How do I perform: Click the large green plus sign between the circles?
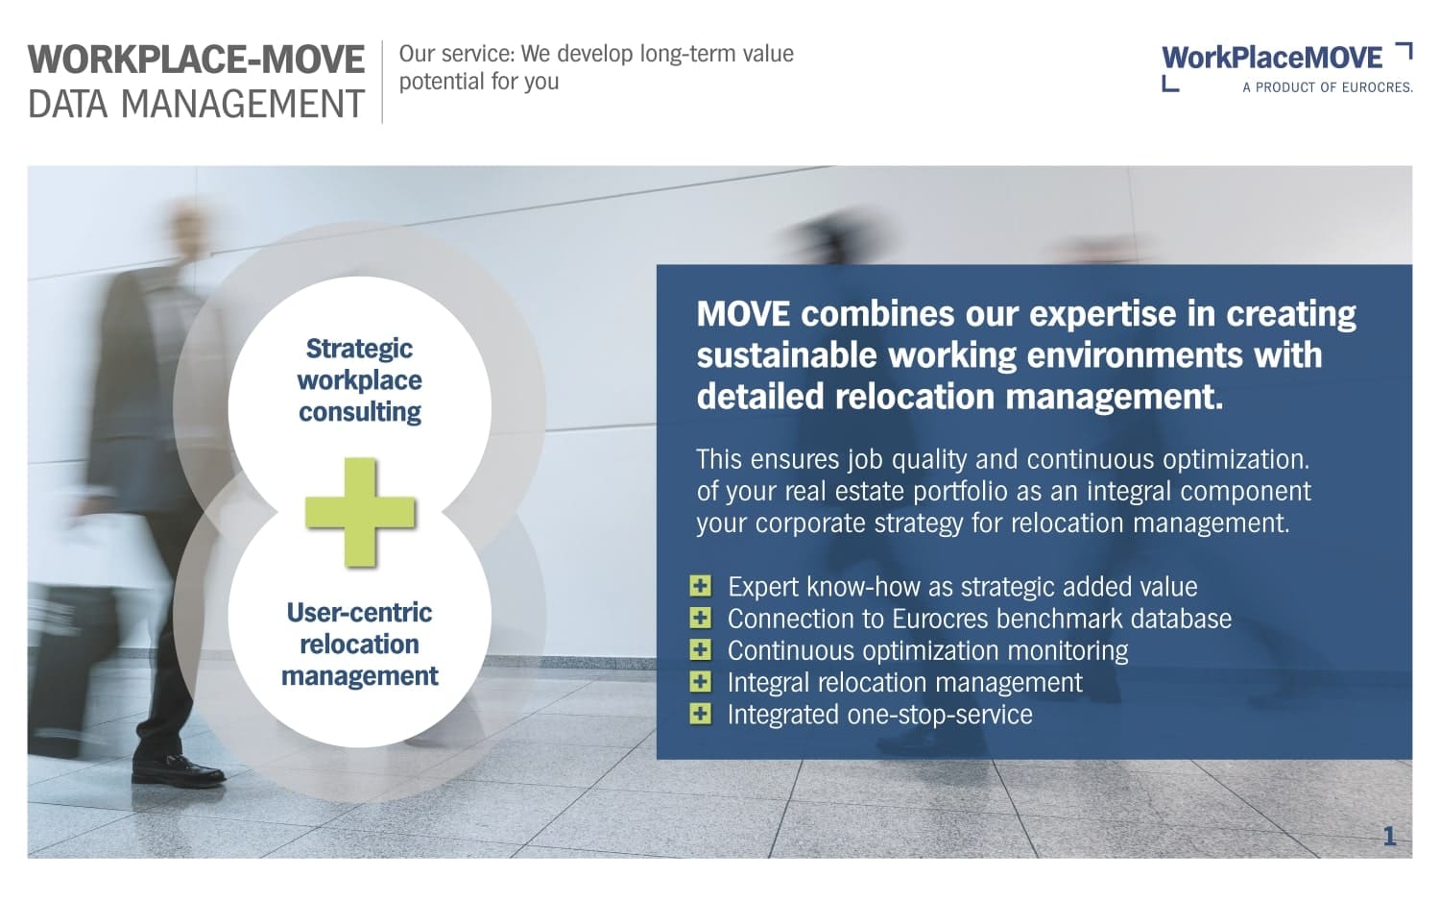360,513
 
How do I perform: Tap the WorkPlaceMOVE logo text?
1272,59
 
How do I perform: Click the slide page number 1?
1389,836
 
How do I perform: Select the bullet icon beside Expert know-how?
700,586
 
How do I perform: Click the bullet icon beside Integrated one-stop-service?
700,714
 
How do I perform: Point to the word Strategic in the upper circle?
359,350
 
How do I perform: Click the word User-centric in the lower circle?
359,612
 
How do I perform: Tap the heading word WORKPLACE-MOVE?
196,60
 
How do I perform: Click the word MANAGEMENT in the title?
242,104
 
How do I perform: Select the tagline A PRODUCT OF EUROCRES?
1328,87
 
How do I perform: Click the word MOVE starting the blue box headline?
743,314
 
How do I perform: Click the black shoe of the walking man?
178,769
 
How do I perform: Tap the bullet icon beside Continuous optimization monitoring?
700,649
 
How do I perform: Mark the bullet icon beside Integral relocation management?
700,682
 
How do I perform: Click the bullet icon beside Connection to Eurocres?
700,618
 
